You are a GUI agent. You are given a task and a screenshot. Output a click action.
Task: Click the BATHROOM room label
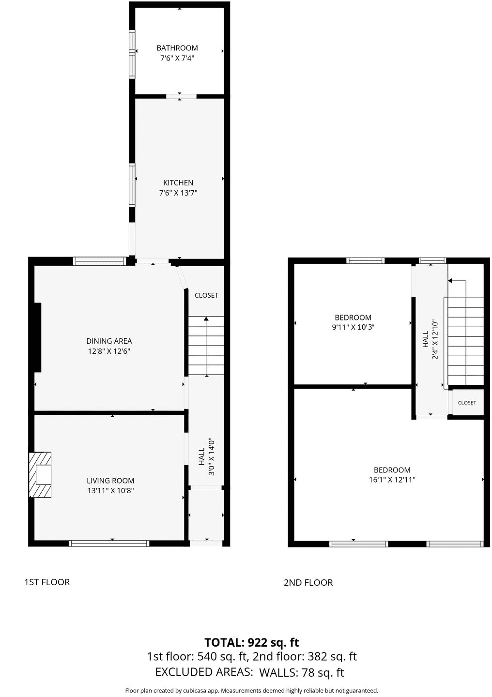click(x=177, y=48)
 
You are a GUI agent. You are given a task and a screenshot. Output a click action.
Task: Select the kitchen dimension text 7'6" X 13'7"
click(x=178, y=193)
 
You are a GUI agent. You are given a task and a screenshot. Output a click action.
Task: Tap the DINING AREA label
click(x=109, y=341)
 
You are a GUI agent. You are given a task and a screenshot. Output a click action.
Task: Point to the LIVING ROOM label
click(x=110, y=481)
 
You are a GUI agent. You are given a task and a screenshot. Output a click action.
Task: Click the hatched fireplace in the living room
click(x=40, y=475)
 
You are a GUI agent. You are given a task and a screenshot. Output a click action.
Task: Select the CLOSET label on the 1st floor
click(x=206, y=295)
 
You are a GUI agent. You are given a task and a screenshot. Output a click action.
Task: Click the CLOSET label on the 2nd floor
click(x=467, y=403)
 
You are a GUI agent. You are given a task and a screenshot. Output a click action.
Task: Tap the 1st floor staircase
click(x=206, y=346)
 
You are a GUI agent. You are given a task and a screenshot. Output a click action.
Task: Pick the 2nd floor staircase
click(x=465, y=341)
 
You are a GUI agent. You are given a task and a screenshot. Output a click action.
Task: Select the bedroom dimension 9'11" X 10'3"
click(x=353, y=327)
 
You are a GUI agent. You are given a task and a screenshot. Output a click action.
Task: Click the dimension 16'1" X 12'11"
click(x=392, y=480)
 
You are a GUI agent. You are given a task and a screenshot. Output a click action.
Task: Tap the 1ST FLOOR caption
click(x=47, y=582)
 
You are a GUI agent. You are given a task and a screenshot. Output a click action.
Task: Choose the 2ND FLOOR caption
click(x=308, y=582)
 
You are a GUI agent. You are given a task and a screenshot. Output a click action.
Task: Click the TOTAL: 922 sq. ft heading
click(x=252, y=642)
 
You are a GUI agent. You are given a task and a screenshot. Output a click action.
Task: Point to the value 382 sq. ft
click(x=332, y=656)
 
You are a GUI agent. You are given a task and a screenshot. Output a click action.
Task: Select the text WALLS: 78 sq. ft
click(x=301, y=672)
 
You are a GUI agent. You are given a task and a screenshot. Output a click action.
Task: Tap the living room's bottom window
click(x=109, y=543)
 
